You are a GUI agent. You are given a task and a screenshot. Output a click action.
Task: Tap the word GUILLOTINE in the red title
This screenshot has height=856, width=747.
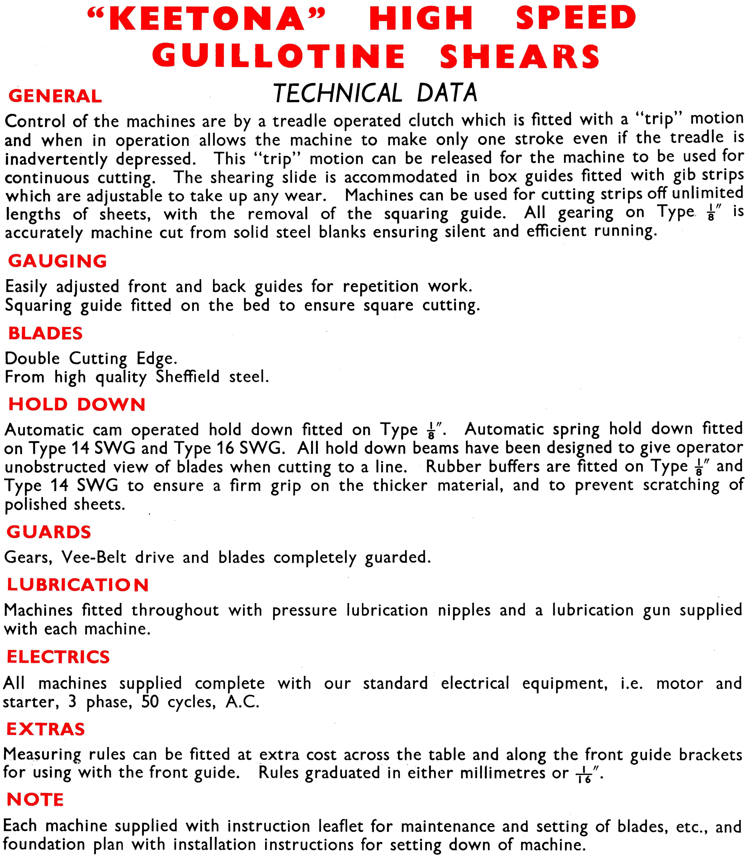point(278,56)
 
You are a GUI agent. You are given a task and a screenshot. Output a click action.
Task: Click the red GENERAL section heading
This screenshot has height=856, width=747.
point(55,96)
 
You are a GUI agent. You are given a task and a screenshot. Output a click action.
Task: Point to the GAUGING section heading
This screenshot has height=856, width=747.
point(57,261)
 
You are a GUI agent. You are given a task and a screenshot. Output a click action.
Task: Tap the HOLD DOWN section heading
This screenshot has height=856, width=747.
point(77,404)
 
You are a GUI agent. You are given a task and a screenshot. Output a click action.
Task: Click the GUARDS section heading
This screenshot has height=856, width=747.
point(49,532)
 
